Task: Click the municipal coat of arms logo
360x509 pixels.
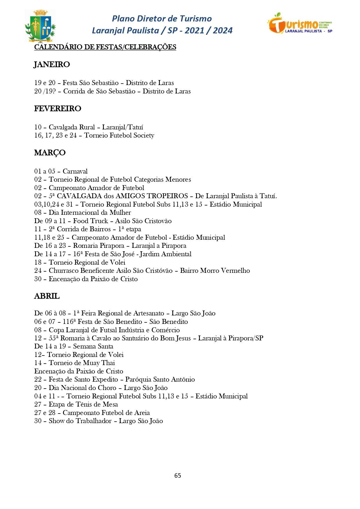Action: point(40,26)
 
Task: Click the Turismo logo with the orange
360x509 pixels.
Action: point(300,23)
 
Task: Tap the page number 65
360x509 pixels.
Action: point(178,475)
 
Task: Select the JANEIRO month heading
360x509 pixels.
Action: point(52,64)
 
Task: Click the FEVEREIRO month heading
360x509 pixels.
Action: point(58,109)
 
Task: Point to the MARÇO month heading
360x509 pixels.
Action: point(50,153)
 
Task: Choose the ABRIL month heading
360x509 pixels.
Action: point(47,296)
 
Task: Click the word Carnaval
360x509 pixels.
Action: point(75,171)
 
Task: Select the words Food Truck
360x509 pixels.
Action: point(91,221)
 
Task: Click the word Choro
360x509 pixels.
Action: point(107,388)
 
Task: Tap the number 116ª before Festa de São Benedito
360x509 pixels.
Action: point(69,322)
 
